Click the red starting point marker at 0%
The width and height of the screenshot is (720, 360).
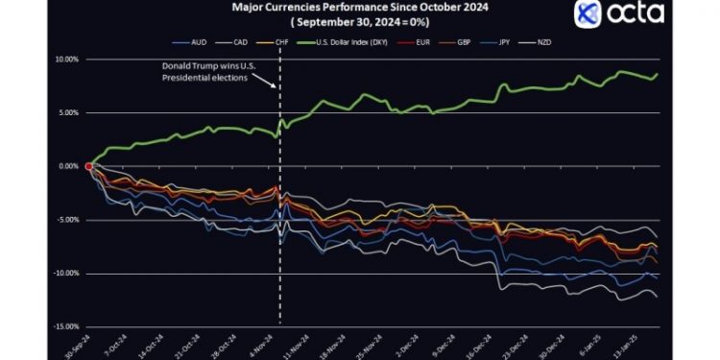point(88,166)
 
